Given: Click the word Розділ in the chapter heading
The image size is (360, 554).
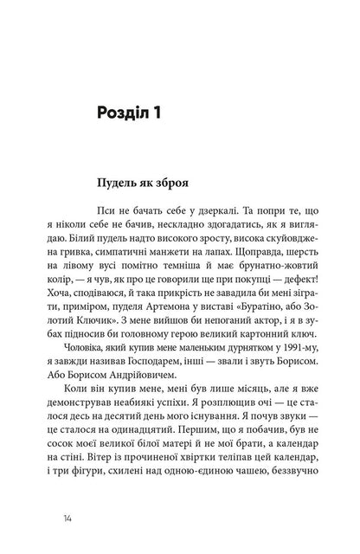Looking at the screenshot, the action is [145, 113].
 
